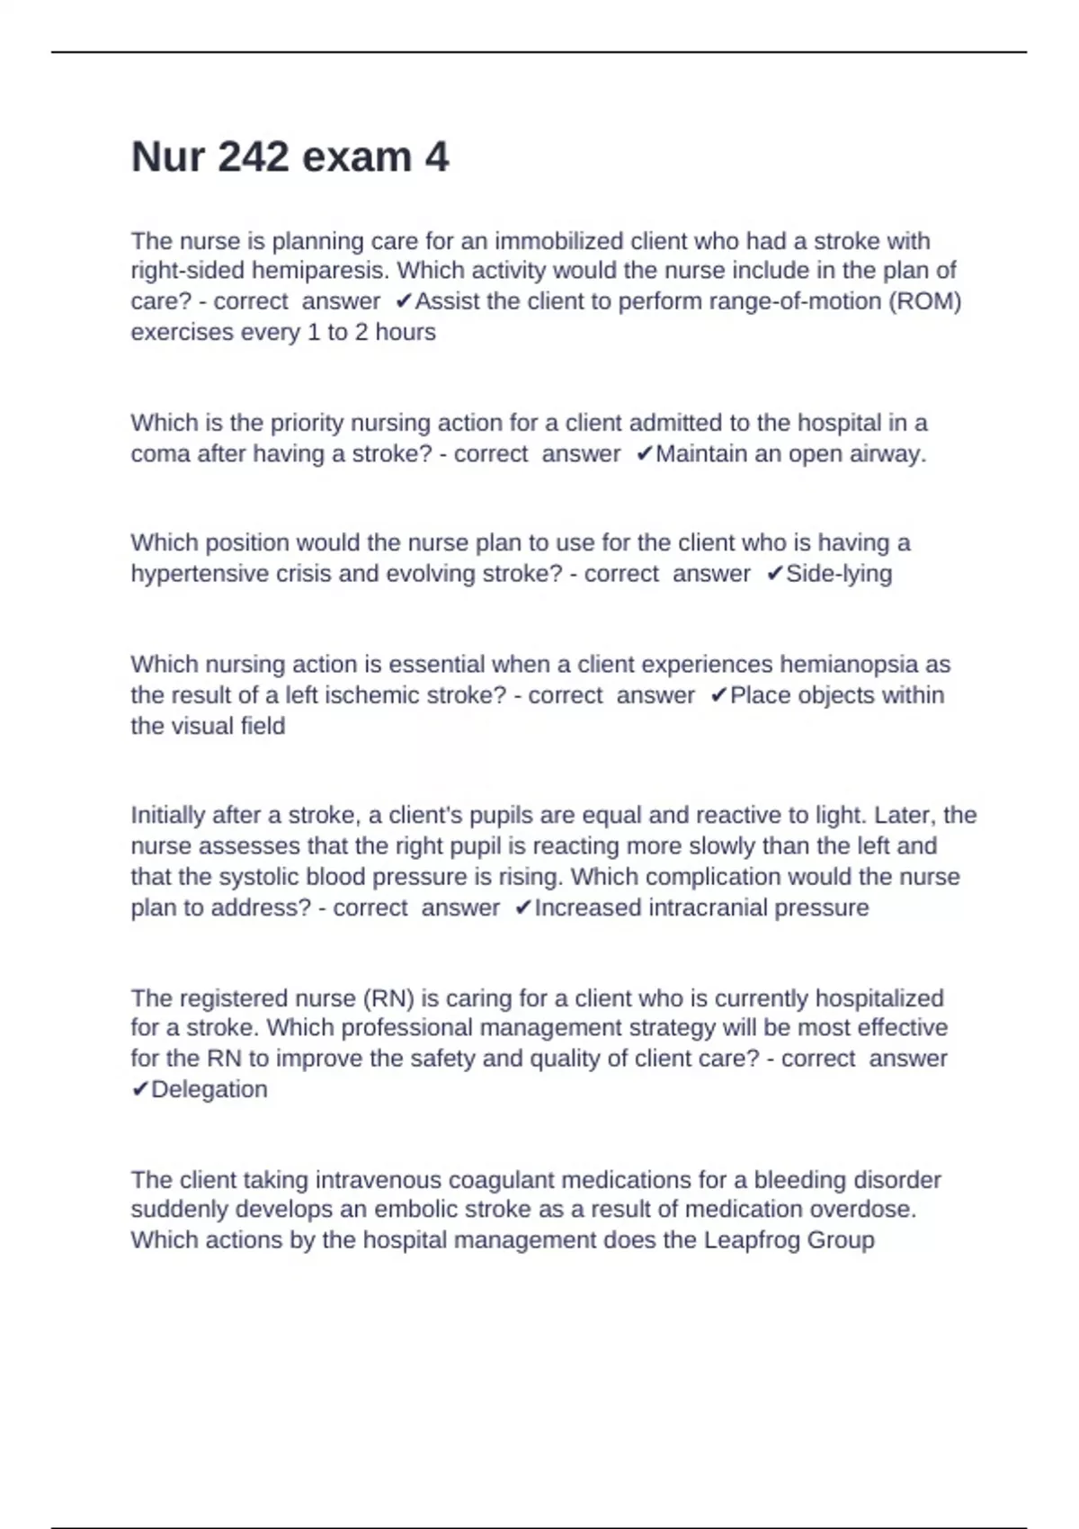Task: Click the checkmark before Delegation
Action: click(139, 1089)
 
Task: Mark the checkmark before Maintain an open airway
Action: click(644, 454)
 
